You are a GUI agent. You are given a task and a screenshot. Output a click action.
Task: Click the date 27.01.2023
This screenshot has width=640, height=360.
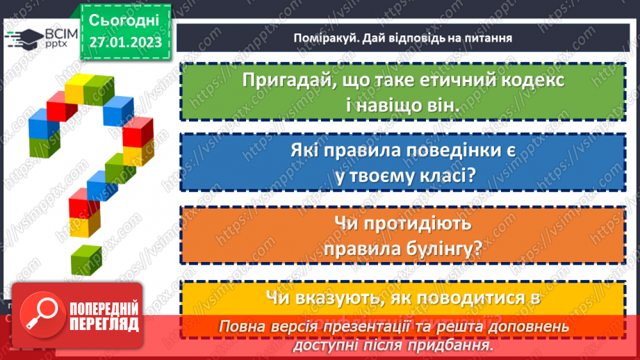(x=125, y=42)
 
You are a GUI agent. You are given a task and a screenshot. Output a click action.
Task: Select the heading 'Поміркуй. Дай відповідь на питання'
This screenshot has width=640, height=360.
(x=402, y=38)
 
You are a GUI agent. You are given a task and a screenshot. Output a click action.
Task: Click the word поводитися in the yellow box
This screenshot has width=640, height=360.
(x=460, y=297)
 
